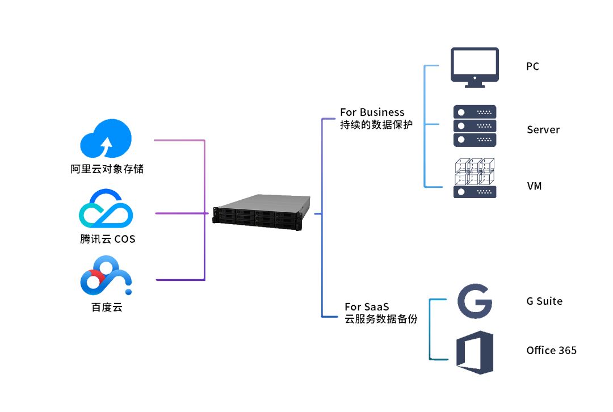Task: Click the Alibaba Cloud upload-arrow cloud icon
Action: (106, 138)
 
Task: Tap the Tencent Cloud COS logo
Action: (106, 208)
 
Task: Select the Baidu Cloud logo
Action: (106, 275)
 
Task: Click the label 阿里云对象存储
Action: (107, 169)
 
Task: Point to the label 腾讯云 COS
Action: (107, 239)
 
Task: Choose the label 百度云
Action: (107, 307)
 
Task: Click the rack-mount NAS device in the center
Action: (262, 212)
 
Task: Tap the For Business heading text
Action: (372, 112)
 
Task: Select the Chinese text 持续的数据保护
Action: (376, 125)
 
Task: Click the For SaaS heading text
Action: (367, 306)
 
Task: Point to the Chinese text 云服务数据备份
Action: (381, 319)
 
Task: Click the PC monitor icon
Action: (475, 68)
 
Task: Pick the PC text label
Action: (532, 66)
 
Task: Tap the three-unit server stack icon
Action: (475, 126)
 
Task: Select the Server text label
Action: (543, 130)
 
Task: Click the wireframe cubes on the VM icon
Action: (475, 171)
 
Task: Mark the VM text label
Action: (535, 186)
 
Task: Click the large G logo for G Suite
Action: (475, 301)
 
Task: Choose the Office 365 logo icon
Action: (475, 352)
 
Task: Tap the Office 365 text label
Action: (551, 350)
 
